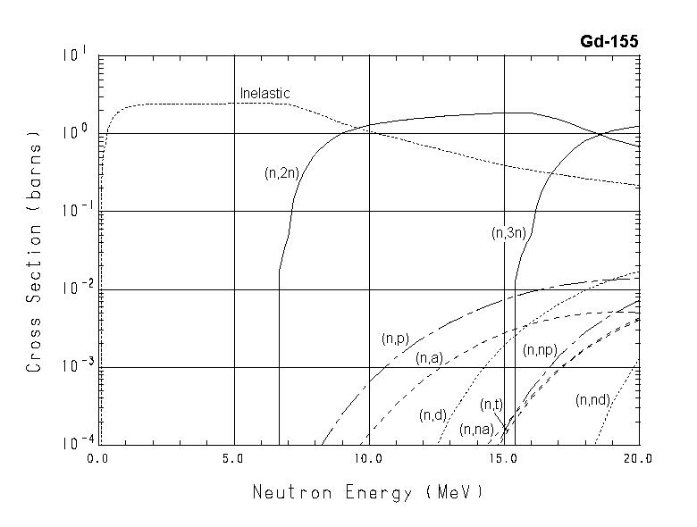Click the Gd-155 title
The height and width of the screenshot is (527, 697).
click(611, 41)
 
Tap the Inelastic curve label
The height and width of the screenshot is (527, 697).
click(265, 93)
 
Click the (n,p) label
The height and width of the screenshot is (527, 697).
click(394, 339)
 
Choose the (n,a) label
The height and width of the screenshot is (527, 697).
click(429, 358)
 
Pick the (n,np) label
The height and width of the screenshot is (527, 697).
click(541, 349)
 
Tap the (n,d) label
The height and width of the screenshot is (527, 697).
click(432, 415)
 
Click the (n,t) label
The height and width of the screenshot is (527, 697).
click(491, 405)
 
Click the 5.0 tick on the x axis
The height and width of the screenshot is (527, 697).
click(234, 460)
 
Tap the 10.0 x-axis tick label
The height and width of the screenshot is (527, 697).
click(368, 460)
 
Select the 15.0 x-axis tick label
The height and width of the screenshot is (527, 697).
click(504, 460)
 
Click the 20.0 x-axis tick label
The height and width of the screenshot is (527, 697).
click(638, 460)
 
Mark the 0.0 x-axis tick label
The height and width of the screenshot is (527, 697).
click(98, 460)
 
